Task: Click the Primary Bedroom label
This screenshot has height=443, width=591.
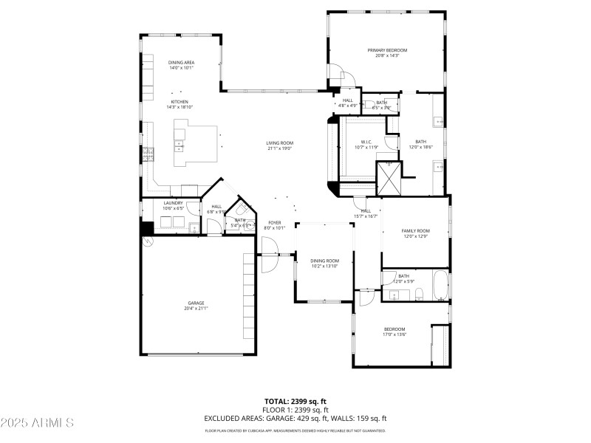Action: (x=387, y=50)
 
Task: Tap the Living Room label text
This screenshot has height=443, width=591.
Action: (x=280, y=142)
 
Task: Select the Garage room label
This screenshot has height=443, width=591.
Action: (x=196, y=303)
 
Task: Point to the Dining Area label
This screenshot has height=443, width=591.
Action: (x=181, y=63)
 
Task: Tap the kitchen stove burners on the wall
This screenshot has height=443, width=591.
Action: (x=147, y=154)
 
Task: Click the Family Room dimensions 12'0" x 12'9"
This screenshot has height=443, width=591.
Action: (x=415, y=236)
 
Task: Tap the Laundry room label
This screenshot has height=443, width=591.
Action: (x=174, y=203)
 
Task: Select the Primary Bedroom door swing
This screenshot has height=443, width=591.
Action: (x=336, y=72)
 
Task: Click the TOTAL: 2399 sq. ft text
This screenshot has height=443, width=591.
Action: (x=295, y=401)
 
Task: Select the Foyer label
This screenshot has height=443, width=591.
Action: (x=274, y=222)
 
